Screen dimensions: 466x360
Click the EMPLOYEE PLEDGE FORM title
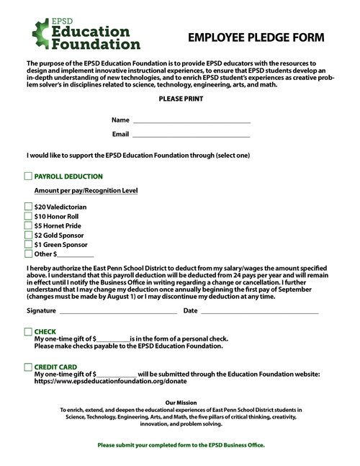pyautogui.click(x=256, y=37)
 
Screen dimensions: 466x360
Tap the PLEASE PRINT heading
pyautogui.click(x=181, y=98)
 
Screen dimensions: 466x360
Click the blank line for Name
pyautogui.click(x=191, y=122)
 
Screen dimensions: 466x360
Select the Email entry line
pyautogui.click(x=191, y=135)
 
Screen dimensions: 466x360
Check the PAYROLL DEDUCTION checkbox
pyautogui.click(x=28, y=176)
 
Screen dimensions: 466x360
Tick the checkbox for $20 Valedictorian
pyautogui.click(x=28, y=207)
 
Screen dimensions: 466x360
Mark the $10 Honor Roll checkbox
pyautogui.click(x=28, y=216)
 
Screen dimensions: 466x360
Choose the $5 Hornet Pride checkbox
pyautogui.click(x=28, y=225)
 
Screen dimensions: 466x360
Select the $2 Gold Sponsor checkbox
pyautogui.click(x=28, y=235)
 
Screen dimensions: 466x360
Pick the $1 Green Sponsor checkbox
pyautogui.click(x=28, y=244)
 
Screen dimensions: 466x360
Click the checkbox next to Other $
pyautogui.click(x=28, y=254)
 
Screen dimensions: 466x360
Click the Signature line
pyautogui.click(x=118, y=312)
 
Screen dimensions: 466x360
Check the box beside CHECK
pyautogui.click(x=28, y=331)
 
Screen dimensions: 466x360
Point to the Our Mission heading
pyautogui.click(x=181, y=402)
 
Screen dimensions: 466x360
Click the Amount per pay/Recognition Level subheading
pyautogui.click(x=86, y=191)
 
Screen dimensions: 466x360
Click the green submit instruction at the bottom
pyautogui.click(x=181, y=445)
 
